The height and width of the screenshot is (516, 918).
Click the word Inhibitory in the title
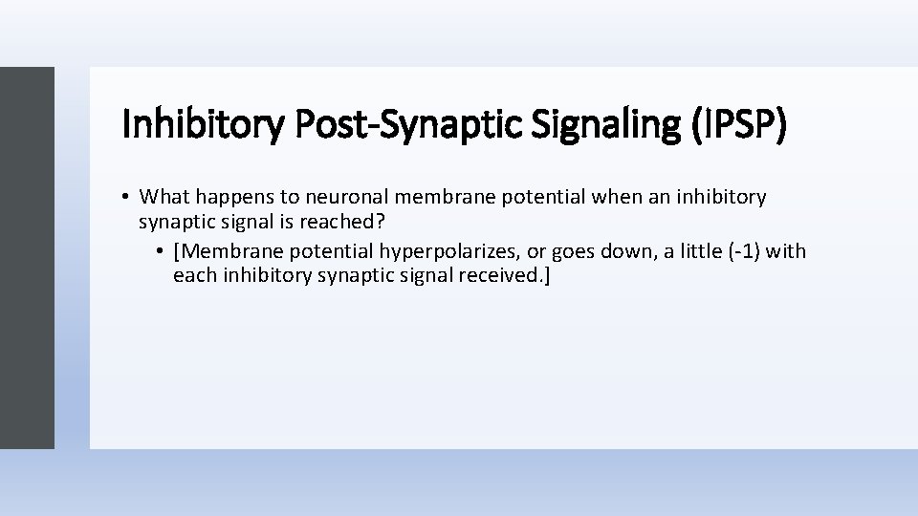(202, 124)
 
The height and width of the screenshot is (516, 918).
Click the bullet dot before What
(126, 197)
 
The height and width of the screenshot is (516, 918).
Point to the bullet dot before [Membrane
(161, 252)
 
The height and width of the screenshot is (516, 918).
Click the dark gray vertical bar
(27, 257)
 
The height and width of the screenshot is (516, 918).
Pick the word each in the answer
(193, 276)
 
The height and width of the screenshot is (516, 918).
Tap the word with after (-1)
(786, 251)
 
